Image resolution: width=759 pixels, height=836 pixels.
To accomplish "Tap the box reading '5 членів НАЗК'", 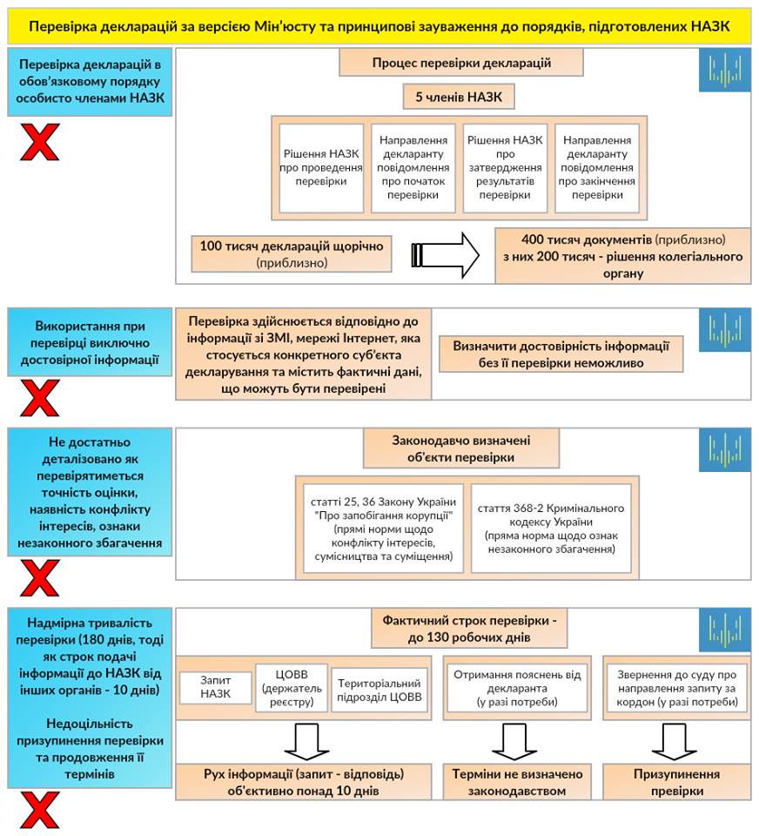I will pyautogui.click(x=458, y=97).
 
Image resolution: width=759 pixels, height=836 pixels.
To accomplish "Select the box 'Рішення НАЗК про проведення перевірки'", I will pyautogui.click(x=321, y=168).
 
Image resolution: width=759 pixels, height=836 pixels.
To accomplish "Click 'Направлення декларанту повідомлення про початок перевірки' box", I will pyautogui.click(x=413, y=168).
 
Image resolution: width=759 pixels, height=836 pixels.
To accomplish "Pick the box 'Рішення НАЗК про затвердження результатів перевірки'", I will pyautogui.click(x=505, y=168).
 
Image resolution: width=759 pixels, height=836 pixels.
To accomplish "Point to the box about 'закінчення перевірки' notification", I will pyautogui.click(x=597, y=168).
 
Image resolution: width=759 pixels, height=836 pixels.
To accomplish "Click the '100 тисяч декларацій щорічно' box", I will pyautogui.click(x=292, y=253).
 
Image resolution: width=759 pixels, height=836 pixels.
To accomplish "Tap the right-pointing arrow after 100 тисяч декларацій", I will pyautogui.click(x=446, y=254).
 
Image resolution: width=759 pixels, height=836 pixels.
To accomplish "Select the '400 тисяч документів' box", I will pyautogui.click(x=622, y=255).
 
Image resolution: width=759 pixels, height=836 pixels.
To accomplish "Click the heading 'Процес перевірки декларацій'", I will pyautogui.click(x=461, y=64).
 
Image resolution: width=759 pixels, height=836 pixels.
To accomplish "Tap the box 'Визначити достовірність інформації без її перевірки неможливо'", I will pyautogui.click(x=560, y=354).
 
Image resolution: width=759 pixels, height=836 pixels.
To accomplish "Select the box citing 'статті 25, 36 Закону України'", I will pyautogui.click(x=382, y=529).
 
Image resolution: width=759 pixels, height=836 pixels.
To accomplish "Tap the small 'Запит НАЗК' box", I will pyautogui.click(x=215, y=688).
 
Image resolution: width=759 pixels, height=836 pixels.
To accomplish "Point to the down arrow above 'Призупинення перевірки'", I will pyautogui.click(x=675, y=742).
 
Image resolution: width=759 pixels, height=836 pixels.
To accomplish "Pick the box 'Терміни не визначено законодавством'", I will pyautogui.click(x=517, y=782).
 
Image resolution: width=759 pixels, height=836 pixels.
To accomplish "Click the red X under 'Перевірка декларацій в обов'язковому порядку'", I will pyautogui.click(x=40, y=142).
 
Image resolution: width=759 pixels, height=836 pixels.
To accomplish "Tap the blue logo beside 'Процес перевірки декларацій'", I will pyautogui.click(x=725, y=71).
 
